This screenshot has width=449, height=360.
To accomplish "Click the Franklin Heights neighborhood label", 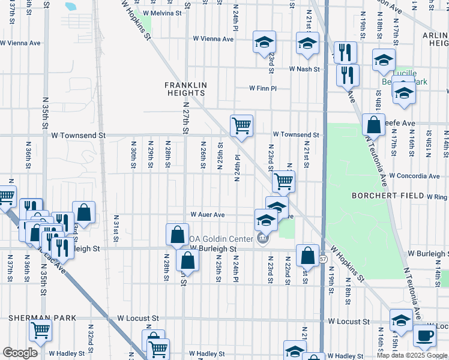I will (186, 89).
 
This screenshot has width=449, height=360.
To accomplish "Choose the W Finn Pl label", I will (263, 88).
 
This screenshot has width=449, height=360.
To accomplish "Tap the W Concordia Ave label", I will (414, 176).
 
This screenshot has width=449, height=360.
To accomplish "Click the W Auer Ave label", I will (207, 214).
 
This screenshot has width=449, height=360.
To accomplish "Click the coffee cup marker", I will (425, 336).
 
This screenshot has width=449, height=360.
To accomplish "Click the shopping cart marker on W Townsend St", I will (241, 126).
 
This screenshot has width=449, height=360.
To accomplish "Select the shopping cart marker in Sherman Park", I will (40, 329).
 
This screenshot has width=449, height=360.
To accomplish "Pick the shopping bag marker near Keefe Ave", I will (373, 124).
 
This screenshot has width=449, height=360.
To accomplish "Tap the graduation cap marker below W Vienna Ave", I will (264, 43).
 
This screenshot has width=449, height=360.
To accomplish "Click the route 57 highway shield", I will (323, 259).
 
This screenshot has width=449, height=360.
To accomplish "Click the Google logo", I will (20, 352).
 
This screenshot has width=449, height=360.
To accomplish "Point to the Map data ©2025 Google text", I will (412, 355).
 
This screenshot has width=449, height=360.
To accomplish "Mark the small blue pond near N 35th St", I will (70, 7).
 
